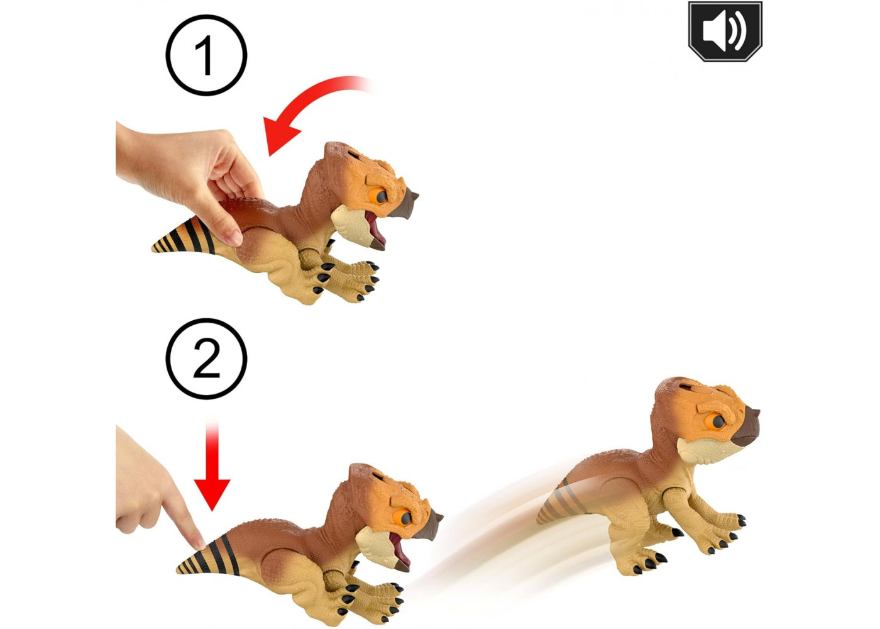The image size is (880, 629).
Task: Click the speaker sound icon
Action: pyautogui.click(x=725, y=31)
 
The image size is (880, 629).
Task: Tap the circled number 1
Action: pyautogui.click(x=206, y=55)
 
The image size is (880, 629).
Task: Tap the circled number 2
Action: pyautogui.click(x=206, y=359)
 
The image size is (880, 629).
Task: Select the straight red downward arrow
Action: pyautogui.click(x=212, y=466)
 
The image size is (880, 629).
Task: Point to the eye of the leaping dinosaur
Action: pyautogui.click(x=716, y=422)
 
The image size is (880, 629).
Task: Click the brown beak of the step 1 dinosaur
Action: pyautogui.click(x=407, y=203)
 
